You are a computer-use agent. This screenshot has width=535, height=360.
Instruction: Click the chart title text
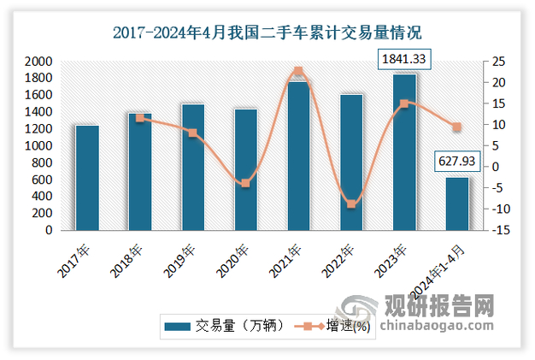click(267, 33)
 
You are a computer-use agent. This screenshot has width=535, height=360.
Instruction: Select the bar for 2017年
click(87, 178)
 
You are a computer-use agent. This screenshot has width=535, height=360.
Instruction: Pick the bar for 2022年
click(351, 162)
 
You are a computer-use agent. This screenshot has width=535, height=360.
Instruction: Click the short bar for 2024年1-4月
click(457, 204)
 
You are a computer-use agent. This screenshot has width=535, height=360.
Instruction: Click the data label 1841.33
click(405, 59)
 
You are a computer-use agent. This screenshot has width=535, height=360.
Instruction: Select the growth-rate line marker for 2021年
click(298, 72)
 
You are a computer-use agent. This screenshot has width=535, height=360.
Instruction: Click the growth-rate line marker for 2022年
click(351, 204)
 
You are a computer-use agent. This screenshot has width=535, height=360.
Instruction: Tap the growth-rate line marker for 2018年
click(140, 118)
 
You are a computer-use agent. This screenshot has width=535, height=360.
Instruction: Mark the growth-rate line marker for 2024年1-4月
click(457, 127)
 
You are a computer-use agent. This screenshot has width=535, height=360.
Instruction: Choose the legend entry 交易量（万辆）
click(220, 326)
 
